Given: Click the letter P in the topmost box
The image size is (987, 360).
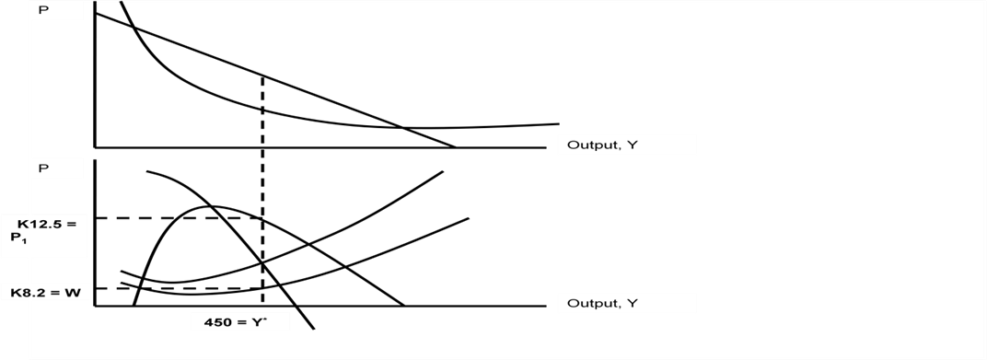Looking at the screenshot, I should [x=41, y=10].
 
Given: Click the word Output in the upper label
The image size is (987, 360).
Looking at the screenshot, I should [x=589, y=145].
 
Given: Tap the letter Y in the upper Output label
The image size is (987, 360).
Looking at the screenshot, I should [x=631, y=145].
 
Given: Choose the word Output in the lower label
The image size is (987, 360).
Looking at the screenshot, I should [x=589, y=303].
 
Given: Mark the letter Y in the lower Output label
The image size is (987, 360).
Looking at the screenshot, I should [x=631, y=303].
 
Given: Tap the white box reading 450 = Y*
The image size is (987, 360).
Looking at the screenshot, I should [x=240, y=322].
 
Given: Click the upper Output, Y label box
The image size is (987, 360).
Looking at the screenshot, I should [x=626, y=145].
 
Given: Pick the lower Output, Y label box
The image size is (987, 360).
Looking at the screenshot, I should [x=626, y=303].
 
